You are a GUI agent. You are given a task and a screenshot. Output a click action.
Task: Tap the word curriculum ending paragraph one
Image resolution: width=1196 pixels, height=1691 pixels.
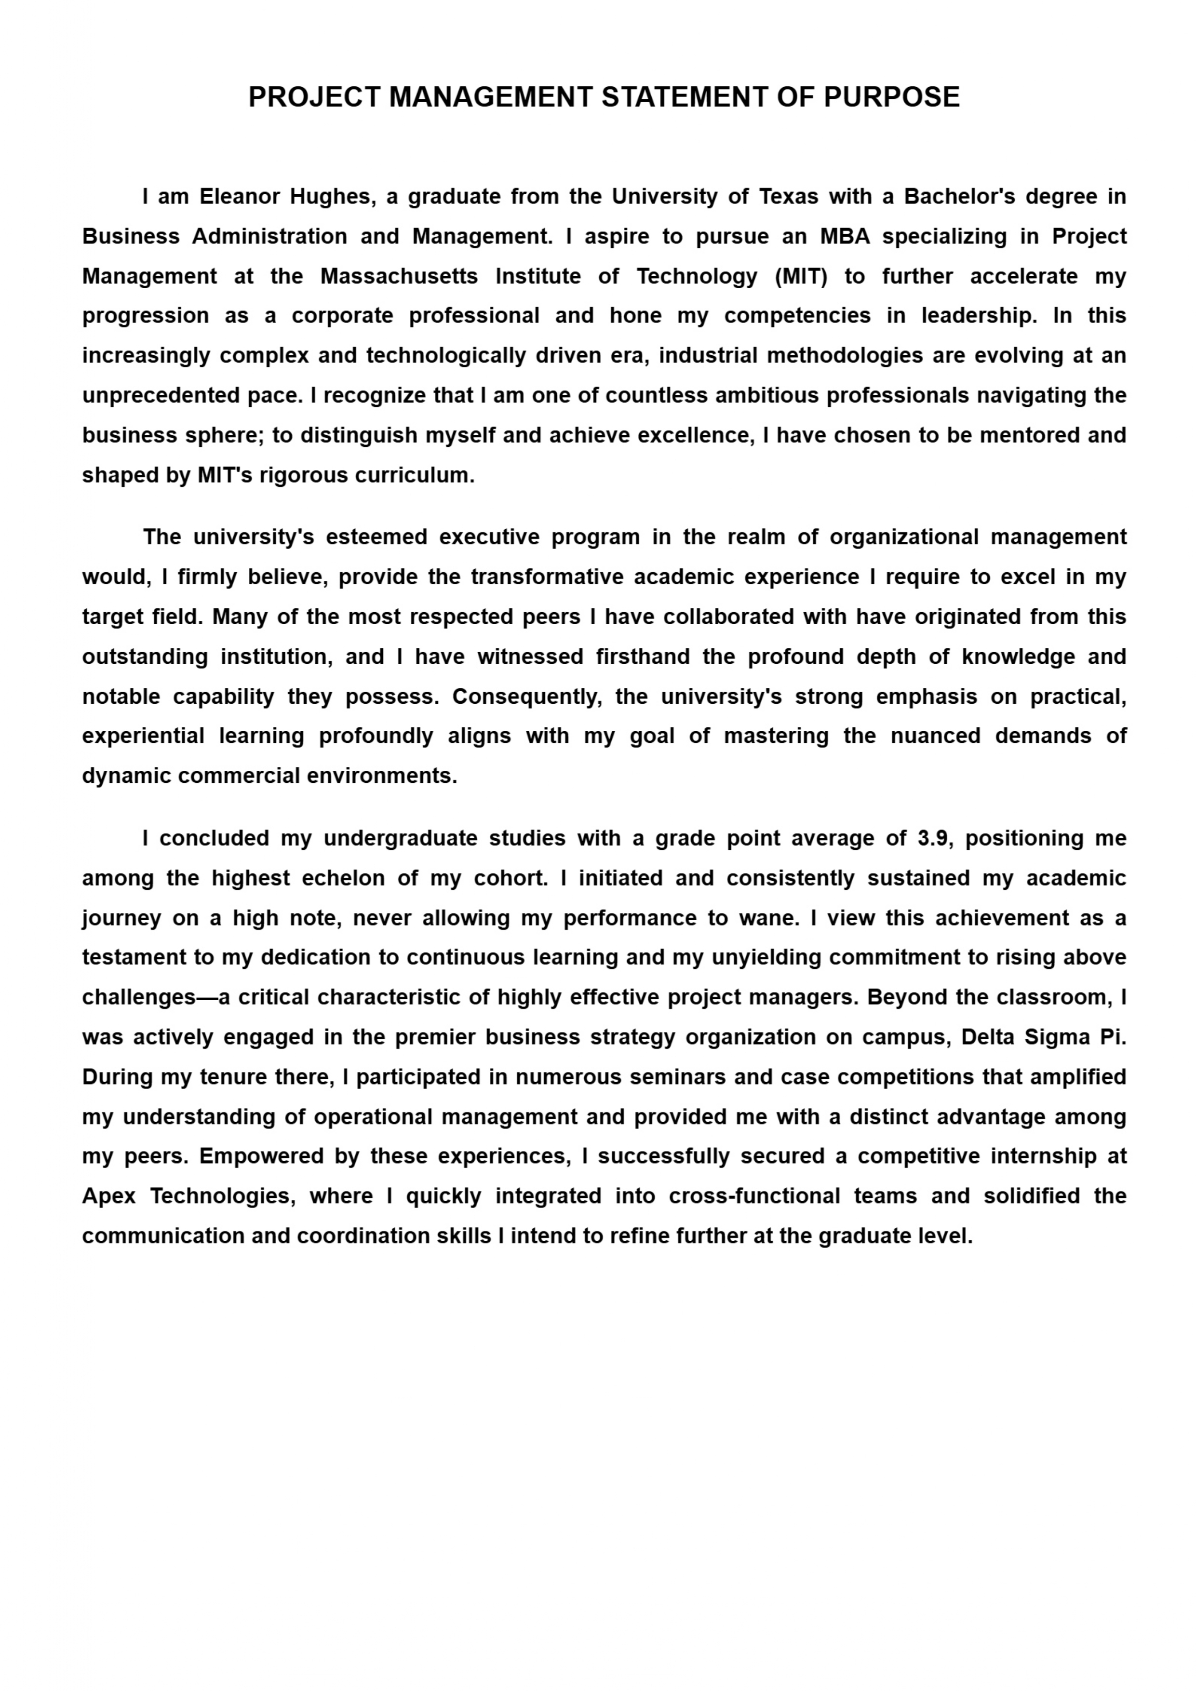[414, 475]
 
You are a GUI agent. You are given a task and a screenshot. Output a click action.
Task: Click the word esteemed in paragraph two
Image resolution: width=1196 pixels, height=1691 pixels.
[376, 537]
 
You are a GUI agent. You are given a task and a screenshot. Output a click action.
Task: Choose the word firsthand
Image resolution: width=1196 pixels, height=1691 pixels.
[643, 656]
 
